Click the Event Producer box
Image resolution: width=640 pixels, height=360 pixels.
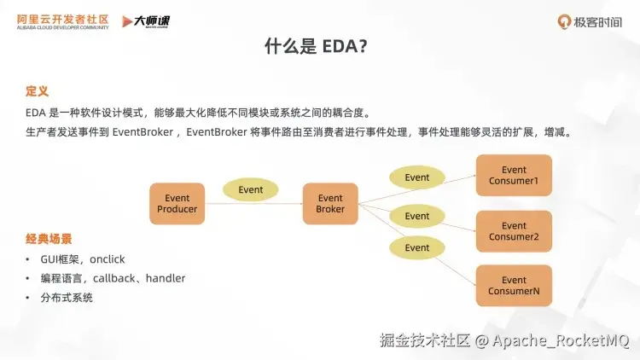[177, 204]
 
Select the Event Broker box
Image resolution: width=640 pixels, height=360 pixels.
[330, 204]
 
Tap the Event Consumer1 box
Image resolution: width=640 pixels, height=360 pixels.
[514, 175]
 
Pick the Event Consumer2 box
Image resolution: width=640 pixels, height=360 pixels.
[514, 231]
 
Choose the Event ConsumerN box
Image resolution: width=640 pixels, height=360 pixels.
[514, 285]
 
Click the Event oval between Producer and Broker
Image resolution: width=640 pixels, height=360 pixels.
[251, 189]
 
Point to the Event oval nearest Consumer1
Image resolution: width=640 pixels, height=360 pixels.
[416, 177]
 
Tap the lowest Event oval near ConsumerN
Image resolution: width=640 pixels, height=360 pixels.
[416, 247]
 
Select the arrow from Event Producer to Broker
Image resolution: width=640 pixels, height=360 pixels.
[253, 203]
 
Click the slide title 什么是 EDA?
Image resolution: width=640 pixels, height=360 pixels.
[316, 46]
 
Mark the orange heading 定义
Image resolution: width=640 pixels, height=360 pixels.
[37, 91]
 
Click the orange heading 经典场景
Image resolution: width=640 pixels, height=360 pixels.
[49, 239]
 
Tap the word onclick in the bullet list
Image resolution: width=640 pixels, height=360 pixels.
[108, 259]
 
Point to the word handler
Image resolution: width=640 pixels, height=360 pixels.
[166, 278]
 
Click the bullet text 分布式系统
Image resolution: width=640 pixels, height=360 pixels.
[67, 297]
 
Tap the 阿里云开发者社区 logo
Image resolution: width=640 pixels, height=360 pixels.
[63, 21]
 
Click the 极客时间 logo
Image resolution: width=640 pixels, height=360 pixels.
[590, 21]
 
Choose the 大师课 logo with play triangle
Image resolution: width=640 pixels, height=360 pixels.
[146, 21]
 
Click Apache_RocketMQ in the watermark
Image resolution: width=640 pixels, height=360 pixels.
[561, 340]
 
